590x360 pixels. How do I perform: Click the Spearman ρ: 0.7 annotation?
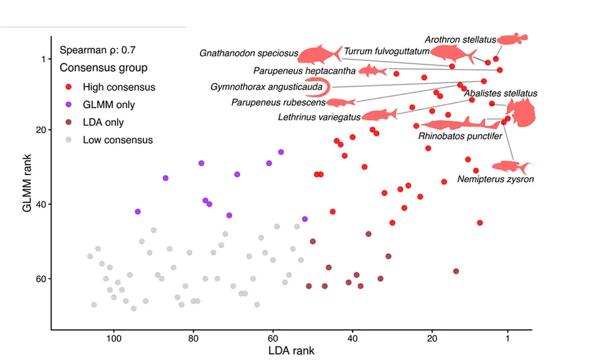click(x=98, y=50)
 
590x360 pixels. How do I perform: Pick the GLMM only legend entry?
click(x=100, y=105)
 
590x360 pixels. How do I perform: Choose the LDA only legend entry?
click(x=94, y=123)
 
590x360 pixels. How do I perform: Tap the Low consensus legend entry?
click(x=109, y=140)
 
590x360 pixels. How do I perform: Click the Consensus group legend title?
click(x=104, y=68)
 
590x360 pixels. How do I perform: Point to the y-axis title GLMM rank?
click(x=27, y=183)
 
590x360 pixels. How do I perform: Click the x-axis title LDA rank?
click(x=291, y=351)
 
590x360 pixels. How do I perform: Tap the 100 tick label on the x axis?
click(x=113, y=338)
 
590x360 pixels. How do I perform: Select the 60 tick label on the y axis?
click(x=41, y=279)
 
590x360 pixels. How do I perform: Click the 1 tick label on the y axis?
click(x=44, y=59)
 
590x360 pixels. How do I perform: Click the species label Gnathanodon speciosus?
click(x=248, y=53)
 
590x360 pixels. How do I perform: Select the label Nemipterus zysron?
click(x=496, y=179)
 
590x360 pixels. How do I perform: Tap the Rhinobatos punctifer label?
click(x=460, y=136)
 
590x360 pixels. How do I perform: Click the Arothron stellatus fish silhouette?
click(x=513, y=39)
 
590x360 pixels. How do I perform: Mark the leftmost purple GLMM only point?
click(x=138, y=212)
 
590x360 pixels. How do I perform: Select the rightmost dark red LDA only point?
click(x=456, y=271)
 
